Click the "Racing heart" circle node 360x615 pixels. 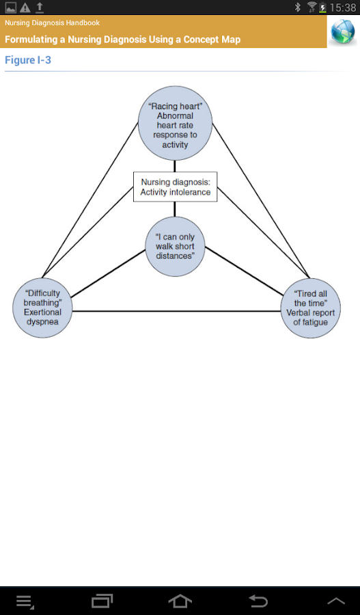click(176, 124)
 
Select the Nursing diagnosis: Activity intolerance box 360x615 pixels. click(176, 187)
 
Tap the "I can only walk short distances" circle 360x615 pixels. click(176, 247)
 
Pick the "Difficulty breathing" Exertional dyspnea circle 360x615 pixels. click(43, 308)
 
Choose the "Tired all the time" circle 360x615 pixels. click(311, 308)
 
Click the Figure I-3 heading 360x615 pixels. click(28, 60)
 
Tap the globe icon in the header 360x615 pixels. click(343, 31)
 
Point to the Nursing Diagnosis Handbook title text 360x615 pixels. click(52, 23)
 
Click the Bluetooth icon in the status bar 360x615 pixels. click(298, 7)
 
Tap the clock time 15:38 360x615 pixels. click(343, 8)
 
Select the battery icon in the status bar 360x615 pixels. click(322, 7)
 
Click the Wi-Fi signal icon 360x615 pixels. click(311, 7)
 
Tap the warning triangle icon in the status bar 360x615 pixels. click(25, 7)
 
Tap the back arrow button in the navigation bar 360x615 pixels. click(258, 601)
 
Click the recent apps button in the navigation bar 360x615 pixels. click(102, 601)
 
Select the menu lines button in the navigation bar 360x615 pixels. click(25, 601)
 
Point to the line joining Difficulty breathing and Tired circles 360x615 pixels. click(176, 312)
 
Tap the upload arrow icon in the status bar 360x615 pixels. click(40, 7)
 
